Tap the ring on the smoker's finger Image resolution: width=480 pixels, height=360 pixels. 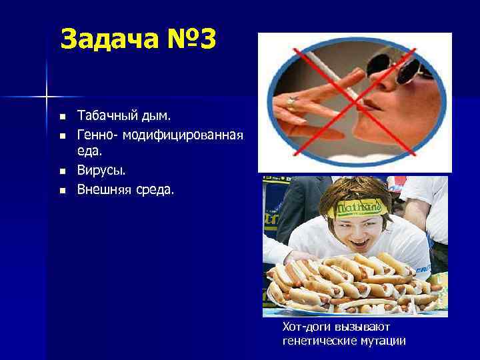pyautogui.click(x=291, y=101)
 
